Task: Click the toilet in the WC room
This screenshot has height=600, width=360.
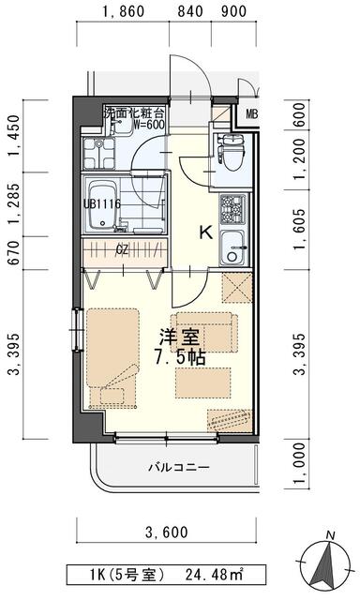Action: pyautogui.click(x=231, y=148)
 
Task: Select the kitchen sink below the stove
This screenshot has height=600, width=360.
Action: pyautogui.click(x=232, y=249)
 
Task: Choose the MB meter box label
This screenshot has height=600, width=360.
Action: pyautogui.click(x=252, y=115)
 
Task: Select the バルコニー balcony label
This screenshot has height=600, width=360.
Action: pyautogui.click(x=176, y=466)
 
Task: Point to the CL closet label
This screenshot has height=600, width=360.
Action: pyautogui.click(x=122, y=249)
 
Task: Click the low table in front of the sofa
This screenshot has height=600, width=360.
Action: pyautogui.click(x=202, y=381)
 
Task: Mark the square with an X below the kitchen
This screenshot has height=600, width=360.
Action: pyautogui.click(x=235, y=290)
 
